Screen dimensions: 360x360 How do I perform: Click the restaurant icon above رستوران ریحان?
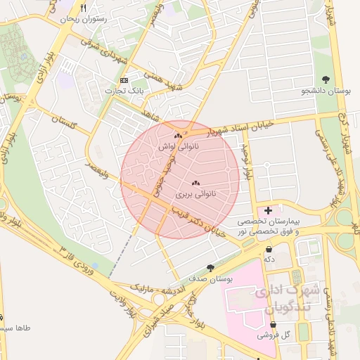[84, 8]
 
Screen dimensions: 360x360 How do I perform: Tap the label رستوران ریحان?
[84, 20]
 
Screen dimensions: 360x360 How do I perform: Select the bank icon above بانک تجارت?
[124, 80]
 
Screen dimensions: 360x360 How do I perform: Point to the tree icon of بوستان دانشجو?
[325, 80]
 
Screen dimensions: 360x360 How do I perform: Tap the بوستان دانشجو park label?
[326, 91]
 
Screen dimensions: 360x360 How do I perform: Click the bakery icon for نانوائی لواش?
[178, 136]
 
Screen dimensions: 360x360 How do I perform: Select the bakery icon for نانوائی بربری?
[195, 182]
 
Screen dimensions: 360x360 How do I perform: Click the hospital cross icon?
[268, 210]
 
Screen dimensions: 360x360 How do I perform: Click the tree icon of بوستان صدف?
[210, 267]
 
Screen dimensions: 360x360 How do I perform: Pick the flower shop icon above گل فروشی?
[276, 325]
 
